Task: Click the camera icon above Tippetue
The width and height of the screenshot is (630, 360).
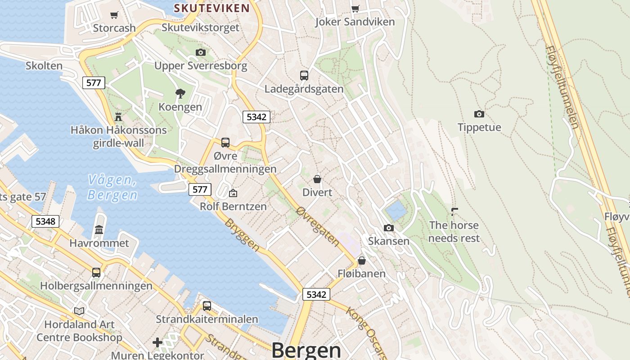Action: (479, 114)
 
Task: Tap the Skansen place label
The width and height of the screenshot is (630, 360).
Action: (389, 241)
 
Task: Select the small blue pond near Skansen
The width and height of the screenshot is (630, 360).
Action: (396, 210)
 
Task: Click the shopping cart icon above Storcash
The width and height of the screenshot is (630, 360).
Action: (114, 15)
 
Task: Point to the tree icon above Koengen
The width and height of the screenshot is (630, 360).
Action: (180, 94)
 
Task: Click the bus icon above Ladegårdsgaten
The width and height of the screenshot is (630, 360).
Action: (304, 75)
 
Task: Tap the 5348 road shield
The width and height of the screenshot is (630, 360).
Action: (45, 221)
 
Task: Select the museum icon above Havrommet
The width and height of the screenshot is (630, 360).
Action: (99, 230)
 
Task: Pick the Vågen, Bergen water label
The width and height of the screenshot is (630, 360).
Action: (112, 187)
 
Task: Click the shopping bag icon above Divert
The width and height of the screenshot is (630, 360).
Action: (317, 179)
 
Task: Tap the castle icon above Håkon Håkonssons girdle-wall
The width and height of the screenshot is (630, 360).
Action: (118, 117)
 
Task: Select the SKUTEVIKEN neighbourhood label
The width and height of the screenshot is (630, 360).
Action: (211, 8)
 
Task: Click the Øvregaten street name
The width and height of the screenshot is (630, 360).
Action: (318, 226)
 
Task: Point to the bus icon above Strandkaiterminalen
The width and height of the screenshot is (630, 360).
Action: (207, 306)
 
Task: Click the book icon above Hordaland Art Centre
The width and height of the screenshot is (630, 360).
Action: (79, 311)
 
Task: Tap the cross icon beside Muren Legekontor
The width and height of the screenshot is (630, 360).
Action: (157, 343)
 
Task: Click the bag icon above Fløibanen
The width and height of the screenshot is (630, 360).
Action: (361, 261)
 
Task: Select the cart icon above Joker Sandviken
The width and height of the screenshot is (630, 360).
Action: (355, 9)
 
